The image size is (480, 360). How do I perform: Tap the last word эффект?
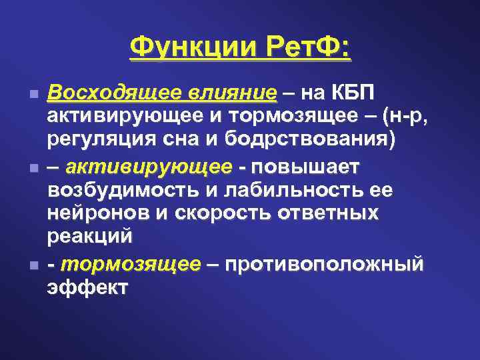coord(87,287)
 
